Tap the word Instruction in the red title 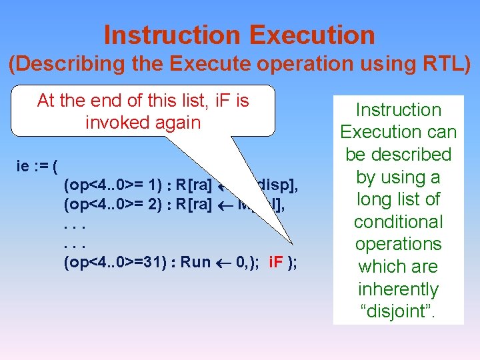(169, 35)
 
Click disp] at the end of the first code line (273, 185)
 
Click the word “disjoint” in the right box (398, 311)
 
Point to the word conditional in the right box (398, 221)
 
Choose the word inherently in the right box (398, 289)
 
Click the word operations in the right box (398, 244)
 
